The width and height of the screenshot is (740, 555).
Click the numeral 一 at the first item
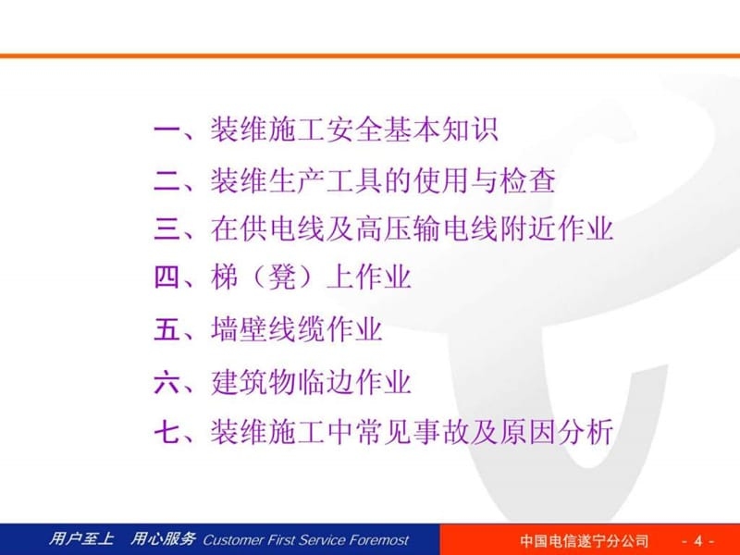tap(167, 130)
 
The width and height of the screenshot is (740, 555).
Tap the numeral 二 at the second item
tap(167, 180)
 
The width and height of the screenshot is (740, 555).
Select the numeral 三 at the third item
tap(167, 228)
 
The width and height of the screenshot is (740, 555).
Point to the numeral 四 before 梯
tap(167, 277)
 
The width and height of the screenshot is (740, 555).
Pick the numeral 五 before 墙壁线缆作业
tap(167, 330)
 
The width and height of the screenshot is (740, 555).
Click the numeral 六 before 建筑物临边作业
tap(167, 382)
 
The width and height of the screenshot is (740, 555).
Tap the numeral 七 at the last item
tap(167, 432)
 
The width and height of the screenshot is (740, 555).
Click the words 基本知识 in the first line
tap(441, 130)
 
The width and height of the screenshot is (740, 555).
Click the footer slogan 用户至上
tap(80, 539)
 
